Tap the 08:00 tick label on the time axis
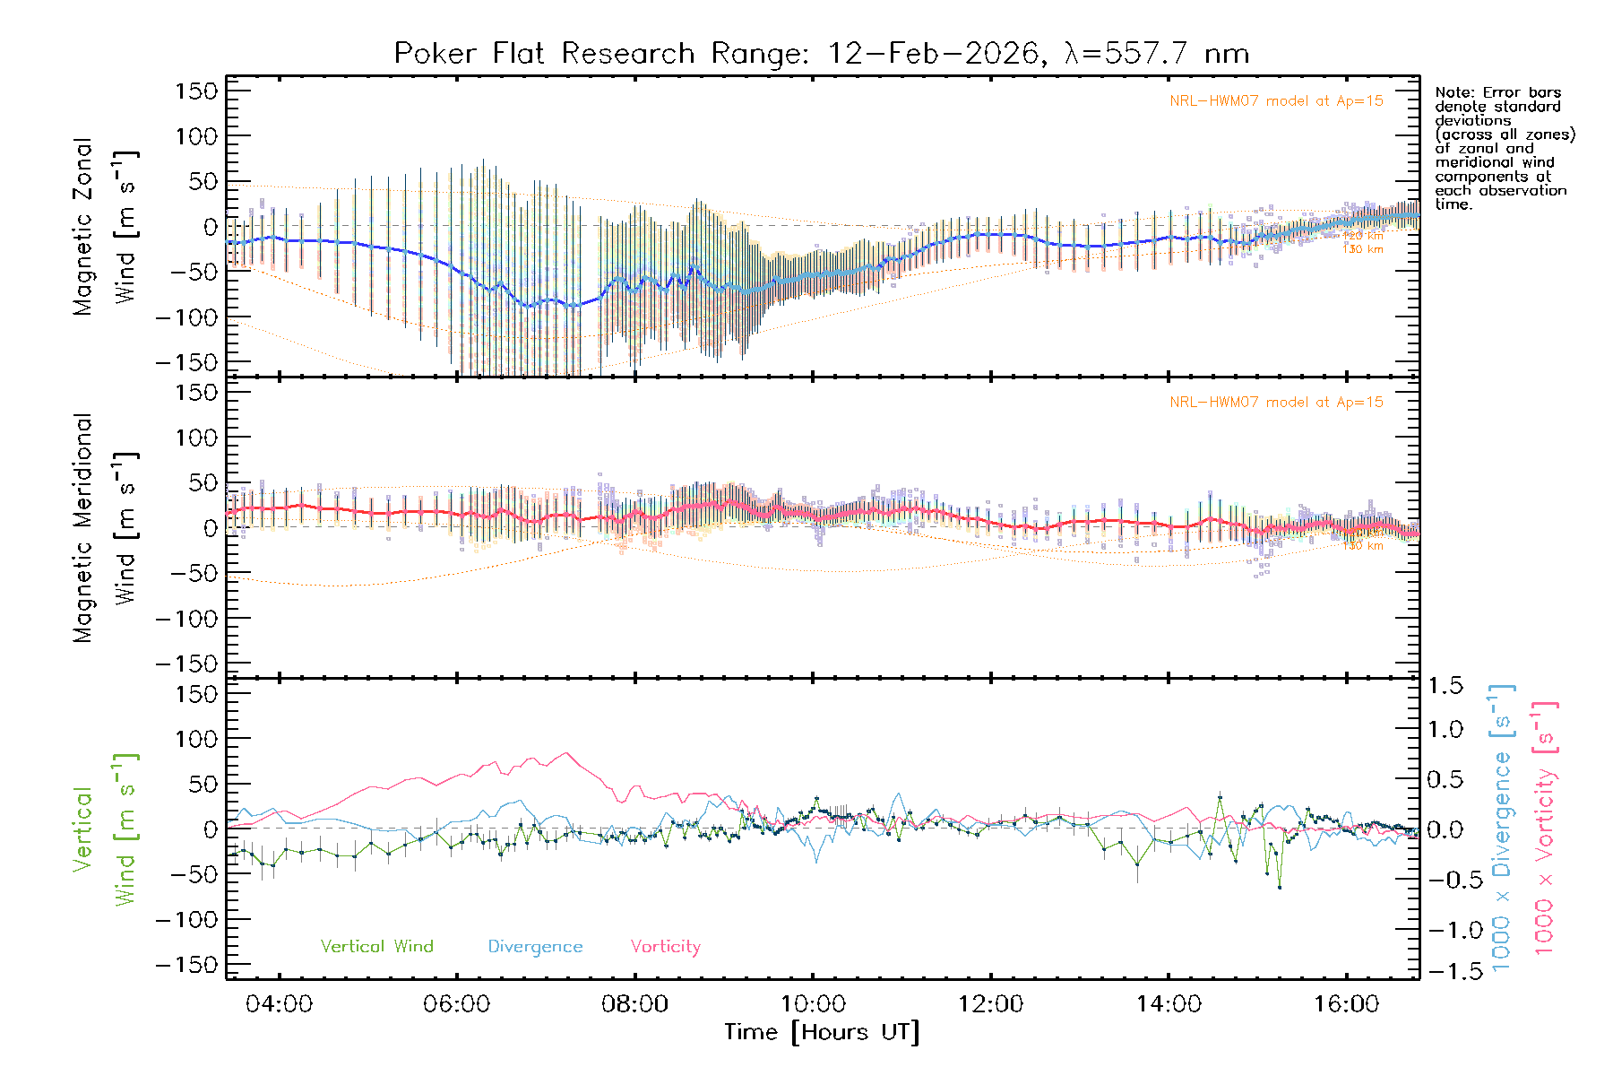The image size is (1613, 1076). pyautogui.click(x=634, y=1004)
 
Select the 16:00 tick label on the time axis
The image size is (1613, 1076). pyautogui.click(x=1346, y=1004)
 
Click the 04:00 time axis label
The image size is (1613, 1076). pyautogui.click(x=279, y=1004)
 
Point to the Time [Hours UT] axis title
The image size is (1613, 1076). pyautogui.click(x=822, y=1032)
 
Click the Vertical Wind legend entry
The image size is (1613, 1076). pyautogui.click(x=376, y=947)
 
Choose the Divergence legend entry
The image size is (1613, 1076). pyautogui.click(x=535, y=947)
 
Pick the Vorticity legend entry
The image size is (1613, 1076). pyautogui.click(x=665, y=947)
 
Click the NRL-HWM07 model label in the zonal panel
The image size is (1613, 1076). pyautogui.click(x=1276, y=101)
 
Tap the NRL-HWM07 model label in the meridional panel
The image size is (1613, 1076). pyautogui.click(x=1276, y=403)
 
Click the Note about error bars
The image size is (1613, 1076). pyautogui.click(x=1504, y=148)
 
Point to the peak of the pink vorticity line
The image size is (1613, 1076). pyautogui.click(x=566, y=753)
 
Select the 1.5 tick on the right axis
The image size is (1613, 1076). pyautogui.click(x=1445, y=686)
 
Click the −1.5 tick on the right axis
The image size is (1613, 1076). pyautogui.click(x=1444, y=971)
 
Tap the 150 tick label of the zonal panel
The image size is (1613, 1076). pyautogui.click(x=197, y=91)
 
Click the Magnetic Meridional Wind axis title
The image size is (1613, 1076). pyautogui.click(x=106, y=529)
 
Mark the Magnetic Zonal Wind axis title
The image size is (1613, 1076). pyautogui.click(x=106, y=227)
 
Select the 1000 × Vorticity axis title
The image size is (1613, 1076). pyautogui.click(x=1545, y=829)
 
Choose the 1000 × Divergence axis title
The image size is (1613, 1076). pyautogui.click(x=1502, y=829)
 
